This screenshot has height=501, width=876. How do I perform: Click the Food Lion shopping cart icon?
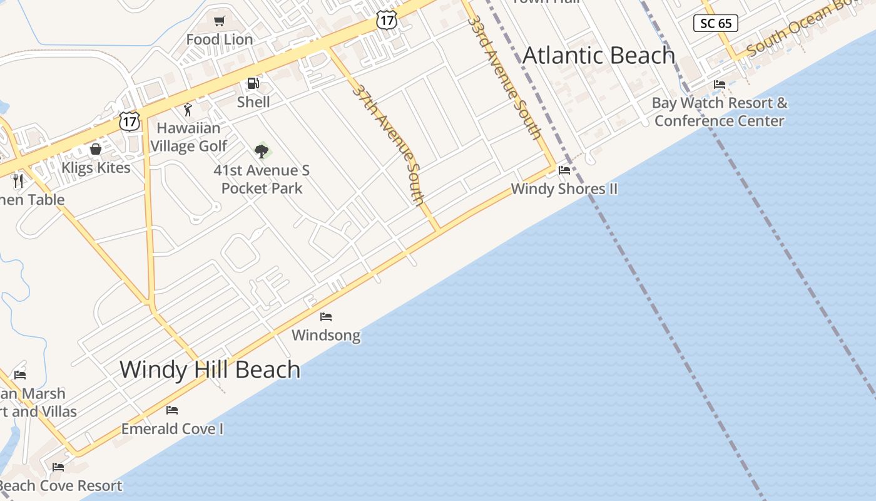pos(219,21)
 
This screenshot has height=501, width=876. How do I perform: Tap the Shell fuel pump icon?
pos(253,83)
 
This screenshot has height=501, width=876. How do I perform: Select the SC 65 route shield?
pos(716,24)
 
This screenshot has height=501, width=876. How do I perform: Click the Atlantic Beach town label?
pos(599,55)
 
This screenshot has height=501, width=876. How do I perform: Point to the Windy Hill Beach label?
pos(210,369)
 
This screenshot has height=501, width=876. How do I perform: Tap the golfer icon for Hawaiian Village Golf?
pos(188,110)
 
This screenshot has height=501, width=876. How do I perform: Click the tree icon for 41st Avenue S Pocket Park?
pos(262,150)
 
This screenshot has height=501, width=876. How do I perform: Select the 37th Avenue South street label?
pos(389,144)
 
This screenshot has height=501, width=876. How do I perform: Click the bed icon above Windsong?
pos(326,317)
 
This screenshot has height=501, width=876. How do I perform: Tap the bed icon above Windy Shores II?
pos(564,170)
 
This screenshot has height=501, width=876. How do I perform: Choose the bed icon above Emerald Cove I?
pos(172,410)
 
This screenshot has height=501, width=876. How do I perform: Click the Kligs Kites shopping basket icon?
pos(96,149)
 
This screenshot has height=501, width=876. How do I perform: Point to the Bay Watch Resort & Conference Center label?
pos(720,112)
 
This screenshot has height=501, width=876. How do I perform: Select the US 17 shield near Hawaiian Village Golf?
pos(129,121)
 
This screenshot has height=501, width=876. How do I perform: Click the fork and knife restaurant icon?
pos(18,181)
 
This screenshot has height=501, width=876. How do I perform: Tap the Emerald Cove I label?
pos(172,429)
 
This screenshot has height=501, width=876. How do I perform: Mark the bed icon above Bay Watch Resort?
pos(720,85)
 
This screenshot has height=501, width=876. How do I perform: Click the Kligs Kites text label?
pos(96,168)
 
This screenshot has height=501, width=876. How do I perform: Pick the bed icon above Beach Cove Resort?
pos(58,467)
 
